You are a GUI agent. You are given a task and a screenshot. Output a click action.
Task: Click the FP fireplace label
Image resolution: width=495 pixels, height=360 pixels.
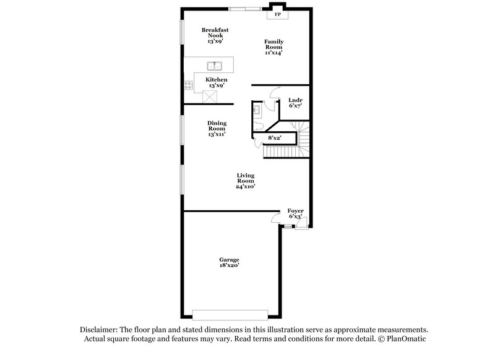coord(278,14)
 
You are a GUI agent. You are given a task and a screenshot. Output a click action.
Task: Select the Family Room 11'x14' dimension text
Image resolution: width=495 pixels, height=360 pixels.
coord(273,53)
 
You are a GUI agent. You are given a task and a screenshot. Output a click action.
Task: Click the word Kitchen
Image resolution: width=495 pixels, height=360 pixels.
coord(216,80)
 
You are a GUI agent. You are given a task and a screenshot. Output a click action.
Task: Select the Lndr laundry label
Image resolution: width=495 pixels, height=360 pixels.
coord(295,100)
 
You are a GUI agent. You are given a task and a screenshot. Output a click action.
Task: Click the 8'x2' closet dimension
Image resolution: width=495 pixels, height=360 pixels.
coord(274,138)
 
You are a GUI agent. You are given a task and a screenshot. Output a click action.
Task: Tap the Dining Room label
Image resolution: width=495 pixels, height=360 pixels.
coord(216,126)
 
